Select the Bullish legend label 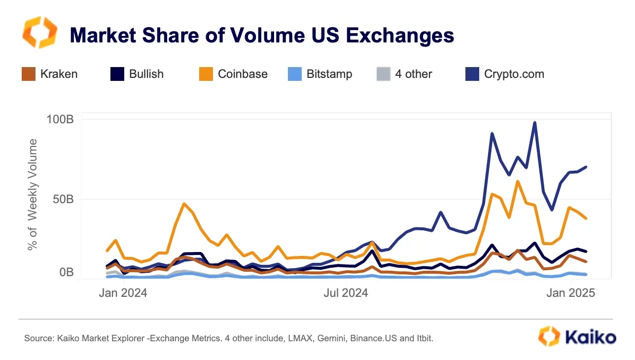146,74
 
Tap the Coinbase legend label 243,74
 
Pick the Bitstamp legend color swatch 294,74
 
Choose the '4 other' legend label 413,74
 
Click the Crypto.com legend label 514,74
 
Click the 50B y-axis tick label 63,200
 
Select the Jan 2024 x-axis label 123,293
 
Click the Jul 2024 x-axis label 346,293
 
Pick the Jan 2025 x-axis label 571,293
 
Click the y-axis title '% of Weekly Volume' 33,194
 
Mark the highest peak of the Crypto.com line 534,122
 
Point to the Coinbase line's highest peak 517,181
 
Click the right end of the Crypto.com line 586,167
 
